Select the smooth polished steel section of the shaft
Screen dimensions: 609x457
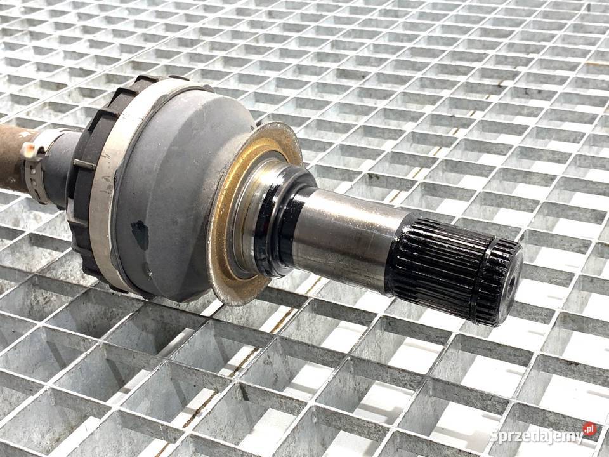click(346, 237)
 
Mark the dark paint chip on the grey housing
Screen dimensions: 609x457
click(140, 234)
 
